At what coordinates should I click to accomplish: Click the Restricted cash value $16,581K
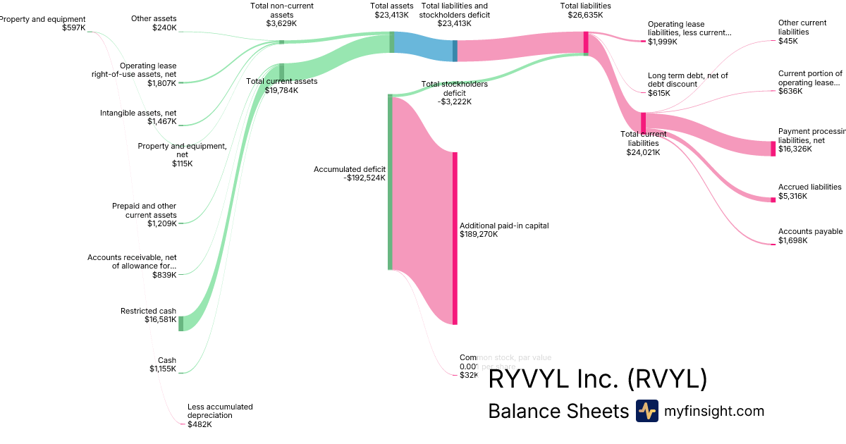click(x=161, y=320)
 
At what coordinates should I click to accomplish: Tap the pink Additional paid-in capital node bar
click(x=455, y=238)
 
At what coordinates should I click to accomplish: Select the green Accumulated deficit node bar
click(x=390, y=182)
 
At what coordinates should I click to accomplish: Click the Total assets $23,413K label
click(x=392, y=9)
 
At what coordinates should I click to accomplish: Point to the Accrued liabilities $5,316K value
click(x=792, y=196)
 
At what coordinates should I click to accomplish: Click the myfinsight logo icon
click(x=646, y=411)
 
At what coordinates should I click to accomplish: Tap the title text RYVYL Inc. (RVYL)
click(x=597, y=379)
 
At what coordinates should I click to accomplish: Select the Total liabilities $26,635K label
click(x=585, y=9)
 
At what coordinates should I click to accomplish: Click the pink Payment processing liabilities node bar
click(x=773, y=148)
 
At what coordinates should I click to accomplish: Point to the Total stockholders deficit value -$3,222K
click(x=455, y=101)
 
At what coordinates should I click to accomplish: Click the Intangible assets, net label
click(x=138, y=113)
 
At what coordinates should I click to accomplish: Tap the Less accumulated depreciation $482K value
click(x=200, y=424)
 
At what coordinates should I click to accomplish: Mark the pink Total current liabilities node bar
click(x=643, y=121)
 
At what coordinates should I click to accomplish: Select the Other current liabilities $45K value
click(x=788, y=41)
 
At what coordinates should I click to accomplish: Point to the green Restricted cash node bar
click(x=180, y=323)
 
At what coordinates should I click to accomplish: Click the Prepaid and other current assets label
click(x=144, y=210)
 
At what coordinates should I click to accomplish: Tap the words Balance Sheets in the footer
click(x=558, y=411)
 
